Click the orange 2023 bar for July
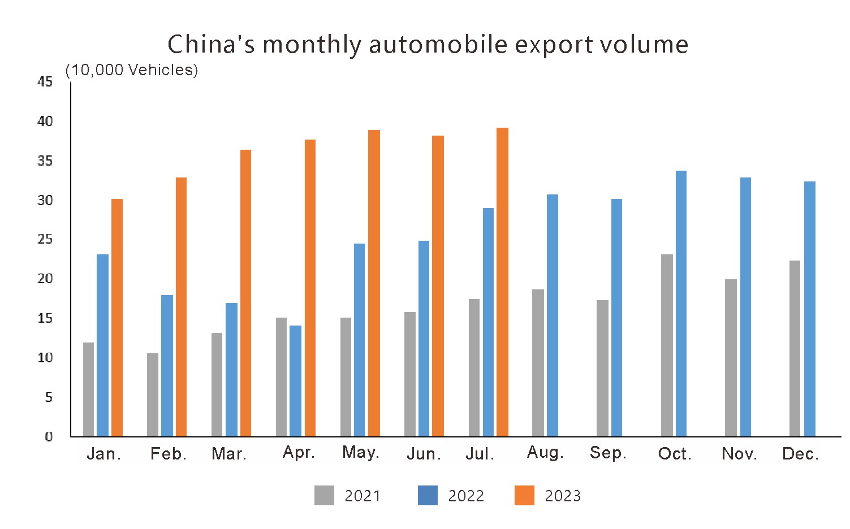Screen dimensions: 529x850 point(502,283)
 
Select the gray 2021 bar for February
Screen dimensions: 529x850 point(153,395)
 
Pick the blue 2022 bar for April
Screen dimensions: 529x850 point(296,381)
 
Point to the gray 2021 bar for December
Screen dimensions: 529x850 point(795,348)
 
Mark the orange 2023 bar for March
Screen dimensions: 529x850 point(245,293)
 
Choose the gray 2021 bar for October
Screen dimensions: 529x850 point(667,345)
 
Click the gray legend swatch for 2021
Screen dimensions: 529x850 point(324,496)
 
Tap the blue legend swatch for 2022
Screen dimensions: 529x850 point(428,496)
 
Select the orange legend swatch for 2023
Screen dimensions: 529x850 point(524,496)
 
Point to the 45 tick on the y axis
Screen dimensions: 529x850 point(45,82)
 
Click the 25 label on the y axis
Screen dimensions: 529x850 point(45,239)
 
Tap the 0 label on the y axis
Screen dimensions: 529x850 point(49,436)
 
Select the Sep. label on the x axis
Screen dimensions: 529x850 point(608,453)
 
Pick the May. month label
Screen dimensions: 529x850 point(361,453)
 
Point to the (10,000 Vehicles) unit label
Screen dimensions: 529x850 point(132,70)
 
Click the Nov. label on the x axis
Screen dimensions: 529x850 point(739,454)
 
